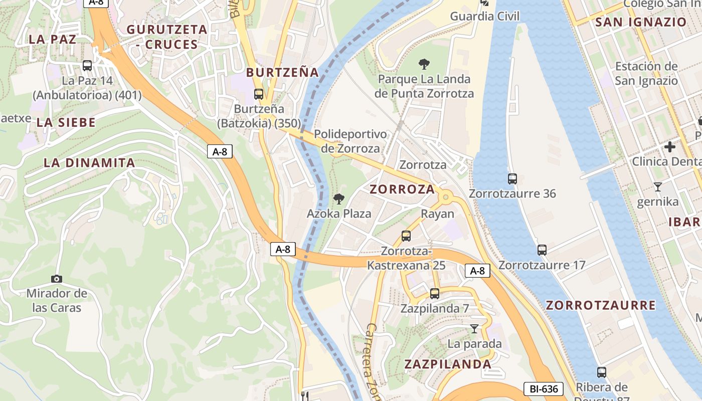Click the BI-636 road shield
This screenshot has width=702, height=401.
pos(544,388)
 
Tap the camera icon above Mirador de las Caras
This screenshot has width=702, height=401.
pos(57,279)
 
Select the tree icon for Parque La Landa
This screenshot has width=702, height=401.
pos(424,64)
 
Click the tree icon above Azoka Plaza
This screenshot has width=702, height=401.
pos(339,199)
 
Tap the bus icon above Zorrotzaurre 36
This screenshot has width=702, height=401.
pos(512,178)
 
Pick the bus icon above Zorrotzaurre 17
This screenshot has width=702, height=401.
pos(542,250)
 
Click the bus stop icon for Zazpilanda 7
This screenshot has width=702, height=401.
pos(434,294)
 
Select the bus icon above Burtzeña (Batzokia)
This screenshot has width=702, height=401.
pos(258,94)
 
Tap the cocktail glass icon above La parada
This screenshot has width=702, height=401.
pos(474,329)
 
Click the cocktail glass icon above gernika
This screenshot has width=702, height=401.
pos(658,187)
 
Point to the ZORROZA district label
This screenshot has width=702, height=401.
pos(402,189)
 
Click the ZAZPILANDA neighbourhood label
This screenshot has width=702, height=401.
pos(448,364)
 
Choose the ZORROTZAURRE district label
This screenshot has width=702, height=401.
pos(601,305)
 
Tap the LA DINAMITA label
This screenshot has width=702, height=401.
pos(89,163)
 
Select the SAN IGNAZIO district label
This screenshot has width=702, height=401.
pos(640,22)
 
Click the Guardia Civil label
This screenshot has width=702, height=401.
pos(484,16)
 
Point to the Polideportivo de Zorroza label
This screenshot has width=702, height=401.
pos(350,141)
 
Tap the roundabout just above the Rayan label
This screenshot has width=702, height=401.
pos(445,197)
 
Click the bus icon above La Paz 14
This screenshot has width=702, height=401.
pos(87,65)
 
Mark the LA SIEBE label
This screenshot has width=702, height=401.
pos(66,123)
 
